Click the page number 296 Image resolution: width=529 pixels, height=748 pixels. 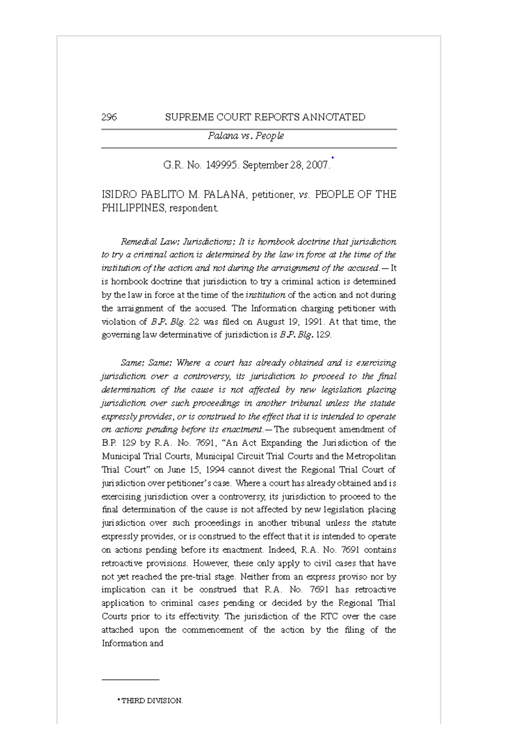pos(109,117)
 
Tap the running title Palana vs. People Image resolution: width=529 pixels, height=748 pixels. pos(246,136)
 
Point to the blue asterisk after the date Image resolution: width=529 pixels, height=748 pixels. pos(332,158)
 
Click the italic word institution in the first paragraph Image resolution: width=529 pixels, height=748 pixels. pos(265,295)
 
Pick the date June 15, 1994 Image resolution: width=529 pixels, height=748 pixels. pos(196,470)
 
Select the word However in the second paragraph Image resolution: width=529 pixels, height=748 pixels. pos(211,563)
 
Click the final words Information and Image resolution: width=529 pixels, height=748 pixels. pos(132,644)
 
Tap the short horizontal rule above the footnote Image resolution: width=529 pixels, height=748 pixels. pos(130,680)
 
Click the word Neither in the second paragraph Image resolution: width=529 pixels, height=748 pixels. pos(254,577)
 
